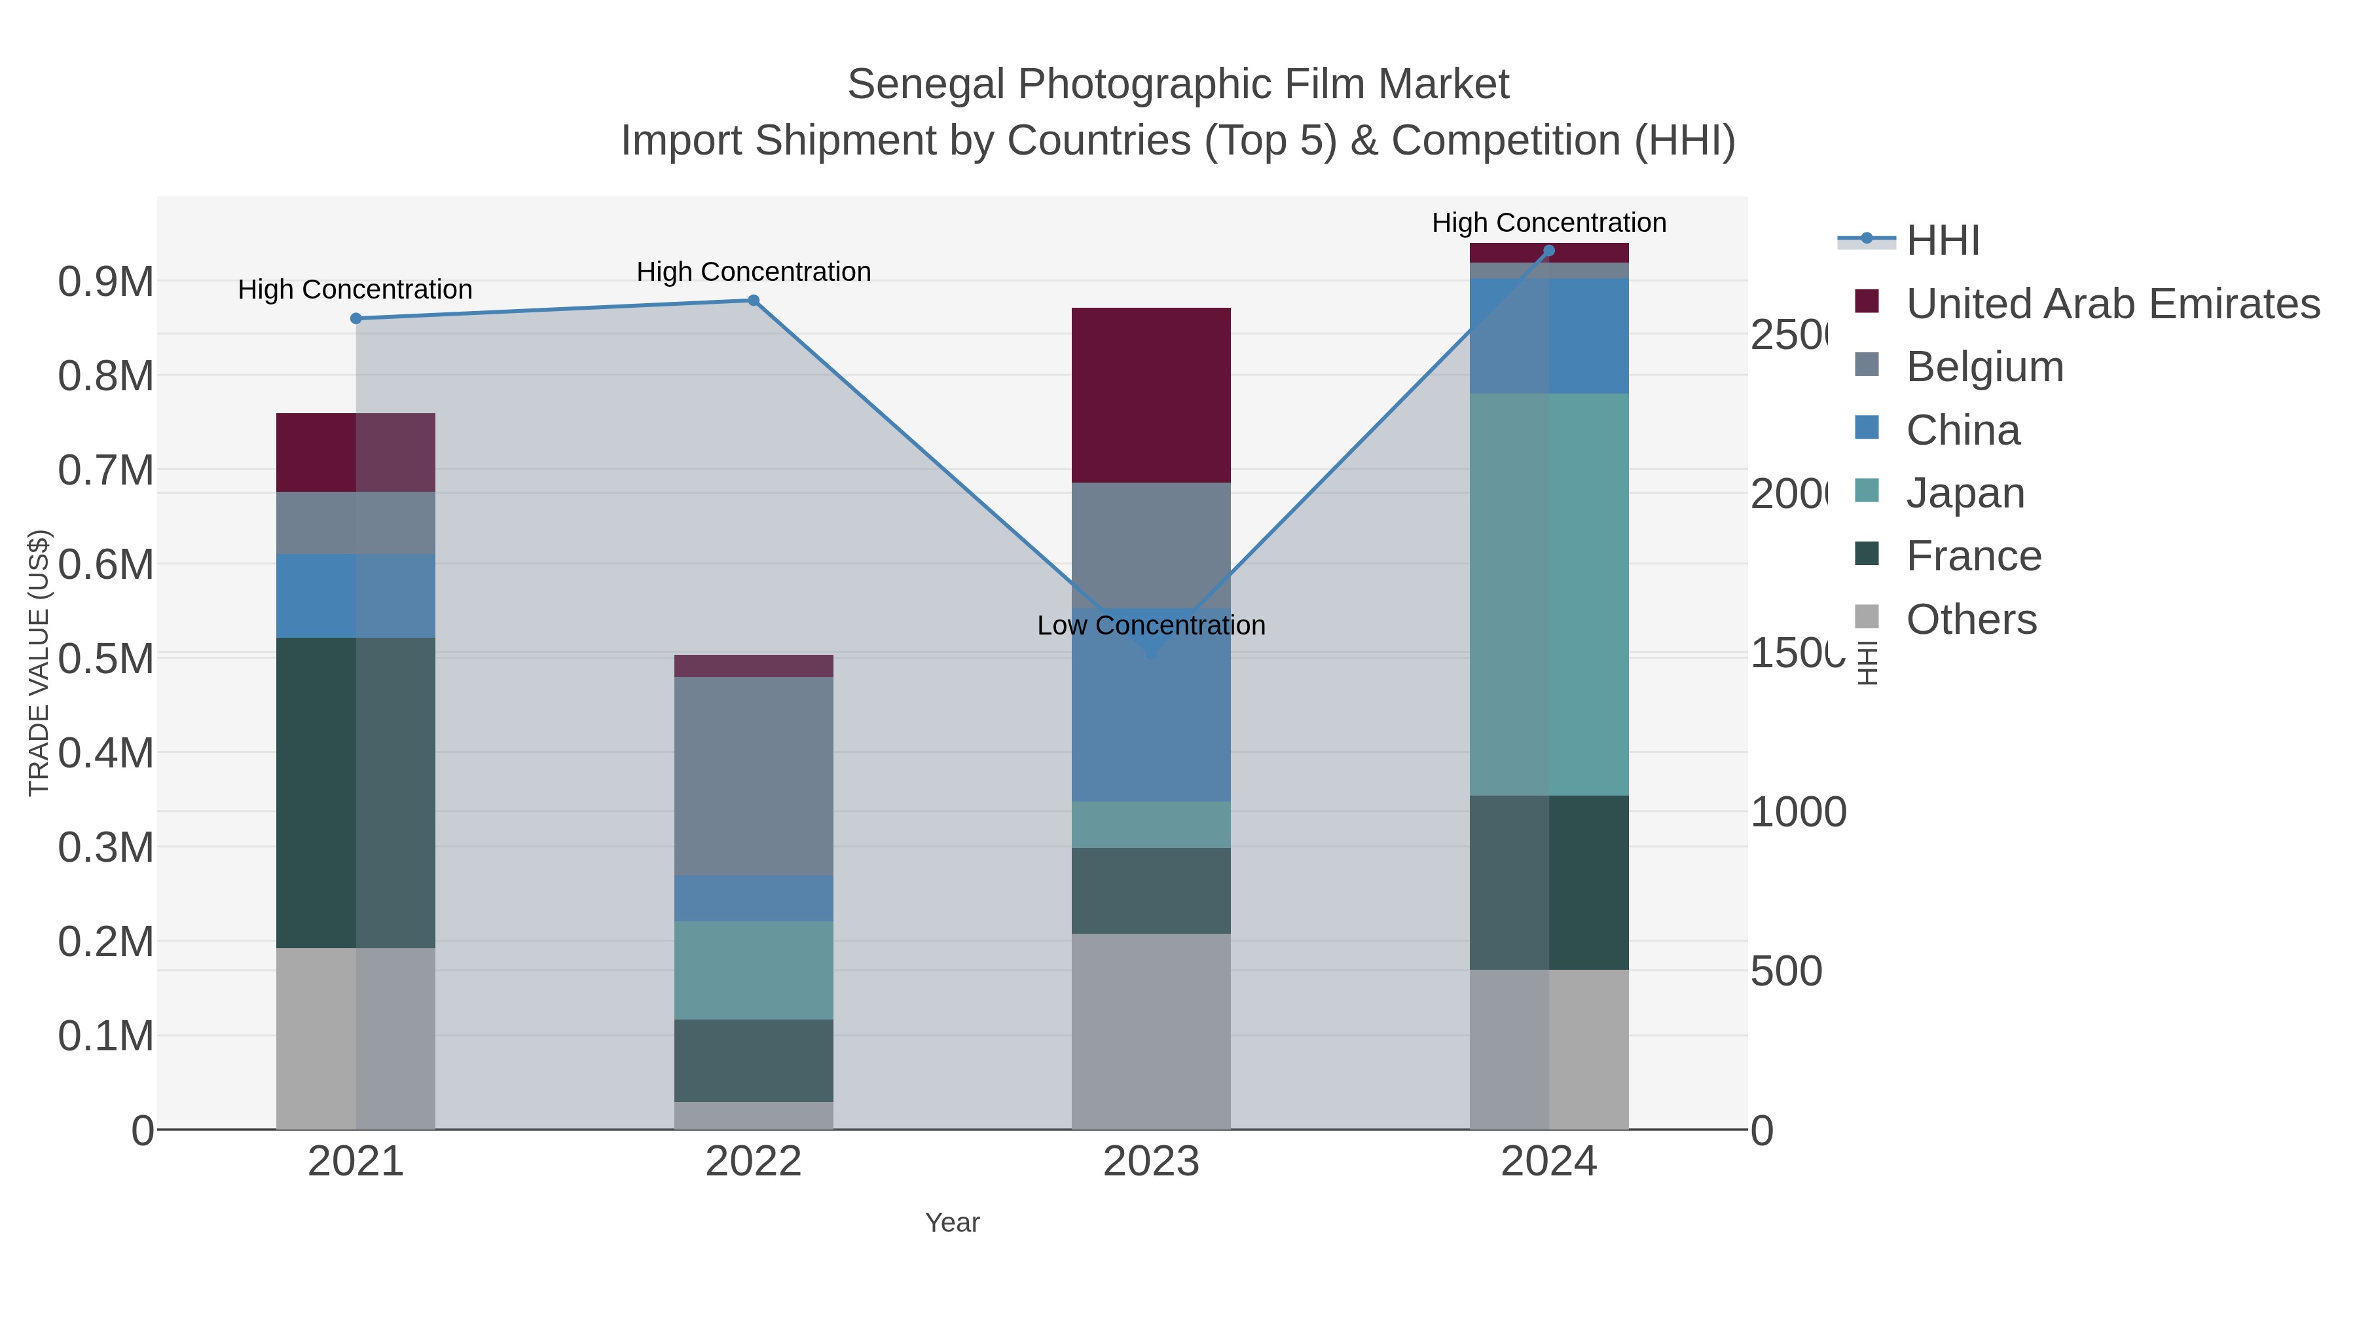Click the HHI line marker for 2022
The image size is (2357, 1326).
tap(753, 300)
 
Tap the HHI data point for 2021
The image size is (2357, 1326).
tap(356, 318)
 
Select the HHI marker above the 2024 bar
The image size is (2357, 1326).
tap(1549, 251)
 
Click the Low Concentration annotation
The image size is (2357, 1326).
tap(1151, 625)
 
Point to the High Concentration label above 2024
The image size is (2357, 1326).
tap(1548, 223)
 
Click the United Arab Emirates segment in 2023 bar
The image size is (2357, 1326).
tap(1151, 396)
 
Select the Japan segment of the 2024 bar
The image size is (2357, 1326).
tap(1548, 595)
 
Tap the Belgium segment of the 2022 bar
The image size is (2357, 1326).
tap(753, 776)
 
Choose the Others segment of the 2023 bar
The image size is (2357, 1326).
tap(1151, 1031)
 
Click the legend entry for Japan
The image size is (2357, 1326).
tap(1964, 493)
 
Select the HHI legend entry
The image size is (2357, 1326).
tap(1943, 241)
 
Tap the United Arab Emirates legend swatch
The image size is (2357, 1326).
tap(1867, 302)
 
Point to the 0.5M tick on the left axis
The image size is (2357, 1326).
tap(105, 659)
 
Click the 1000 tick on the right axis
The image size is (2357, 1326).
tap(1798, 813)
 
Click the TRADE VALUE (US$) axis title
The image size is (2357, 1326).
tap(39, 663)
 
